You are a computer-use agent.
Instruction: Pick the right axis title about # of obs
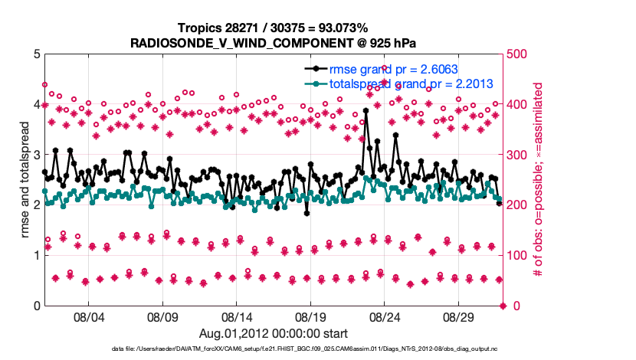tap(539, 179)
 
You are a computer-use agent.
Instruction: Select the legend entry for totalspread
tap(399, 83)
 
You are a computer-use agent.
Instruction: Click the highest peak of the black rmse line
tap(366, 110)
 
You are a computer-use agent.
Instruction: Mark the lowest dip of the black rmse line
tap(307, 213)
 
